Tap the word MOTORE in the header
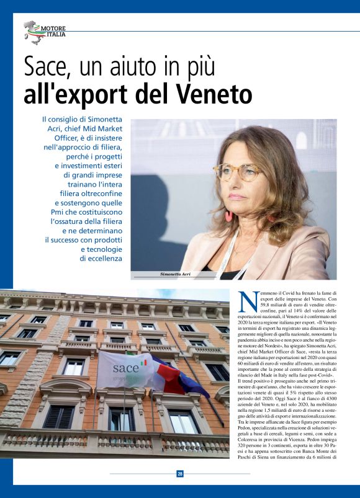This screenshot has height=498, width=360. click(53, 29)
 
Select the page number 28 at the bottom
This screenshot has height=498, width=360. click(180, 473)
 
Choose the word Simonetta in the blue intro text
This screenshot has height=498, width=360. click(101, 118)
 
